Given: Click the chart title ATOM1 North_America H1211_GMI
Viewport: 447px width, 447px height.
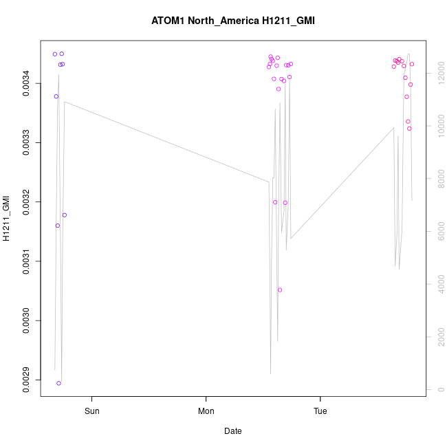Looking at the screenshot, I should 233,21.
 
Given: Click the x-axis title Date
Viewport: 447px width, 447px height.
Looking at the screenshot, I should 232,431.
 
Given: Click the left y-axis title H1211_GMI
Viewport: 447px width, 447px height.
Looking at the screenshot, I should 7,218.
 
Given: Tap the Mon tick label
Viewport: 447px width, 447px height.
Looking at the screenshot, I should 206,412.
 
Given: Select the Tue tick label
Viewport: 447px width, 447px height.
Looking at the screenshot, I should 320,412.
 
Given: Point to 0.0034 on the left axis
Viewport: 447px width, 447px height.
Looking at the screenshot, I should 26,83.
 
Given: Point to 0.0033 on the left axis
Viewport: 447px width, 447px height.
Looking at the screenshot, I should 26,142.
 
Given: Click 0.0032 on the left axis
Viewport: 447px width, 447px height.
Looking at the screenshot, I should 26,201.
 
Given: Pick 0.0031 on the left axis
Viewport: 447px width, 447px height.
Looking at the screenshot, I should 26,261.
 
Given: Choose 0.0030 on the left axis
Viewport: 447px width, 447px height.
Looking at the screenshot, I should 26,320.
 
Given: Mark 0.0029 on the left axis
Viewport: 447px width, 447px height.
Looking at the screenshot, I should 26,380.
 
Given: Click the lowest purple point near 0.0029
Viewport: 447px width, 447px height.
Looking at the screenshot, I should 59,383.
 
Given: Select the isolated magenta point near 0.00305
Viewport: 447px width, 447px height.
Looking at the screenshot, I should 280,290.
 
